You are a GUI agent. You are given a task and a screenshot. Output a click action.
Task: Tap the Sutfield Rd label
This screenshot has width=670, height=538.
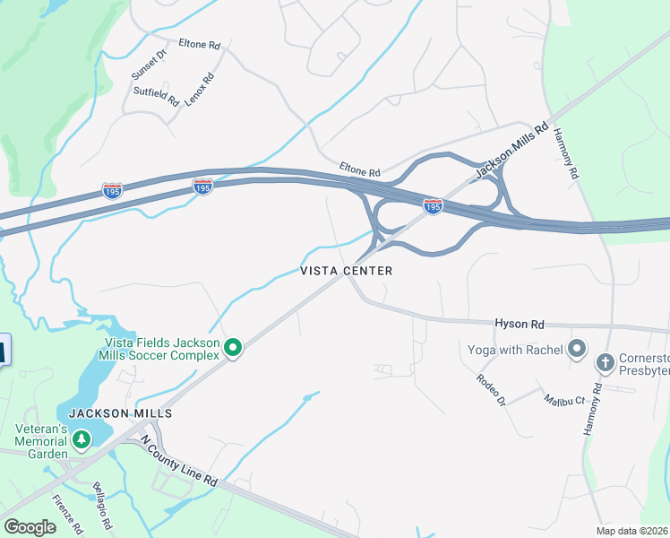point(156,94)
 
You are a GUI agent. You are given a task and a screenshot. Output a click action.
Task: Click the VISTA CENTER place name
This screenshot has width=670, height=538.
point(346,271)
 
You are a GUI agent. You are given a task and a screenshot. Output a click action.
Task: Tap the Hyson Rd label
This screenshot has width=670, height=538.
point(520,323)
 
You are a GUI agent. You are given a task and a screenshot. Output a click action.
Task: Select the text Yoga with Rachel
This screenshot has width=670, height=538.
point(514,349)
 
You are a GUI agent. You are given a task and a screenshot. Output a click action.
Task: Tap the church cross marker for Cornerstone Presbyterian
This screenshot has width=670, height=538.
point(605,363)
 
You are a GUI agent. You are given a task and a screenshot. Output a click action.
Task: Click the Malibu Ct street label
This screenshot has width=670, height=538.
point(564,400)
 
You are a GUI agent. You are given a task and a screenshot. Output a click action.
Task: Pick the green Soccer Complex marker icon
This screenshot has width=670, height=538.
point(233,347)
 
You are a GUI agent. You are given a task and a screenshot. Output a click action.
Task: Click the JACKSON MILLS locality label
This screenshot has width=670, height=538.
point(119,413)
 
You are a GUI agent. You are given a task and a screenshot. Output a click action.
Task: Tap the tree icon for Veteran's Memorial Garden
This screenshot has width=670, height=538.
point(82,439)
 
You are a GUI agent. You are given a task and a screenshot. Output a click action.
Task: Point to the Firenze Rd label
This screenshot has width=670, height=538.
point(66,512)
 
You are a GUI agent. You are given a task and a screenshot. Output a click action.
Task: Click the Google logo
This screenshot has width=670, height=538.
point(30,526)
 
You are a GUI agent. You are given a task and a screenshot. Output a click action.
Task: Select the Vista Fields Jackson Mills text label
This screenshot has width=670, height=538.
point(162,342)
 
